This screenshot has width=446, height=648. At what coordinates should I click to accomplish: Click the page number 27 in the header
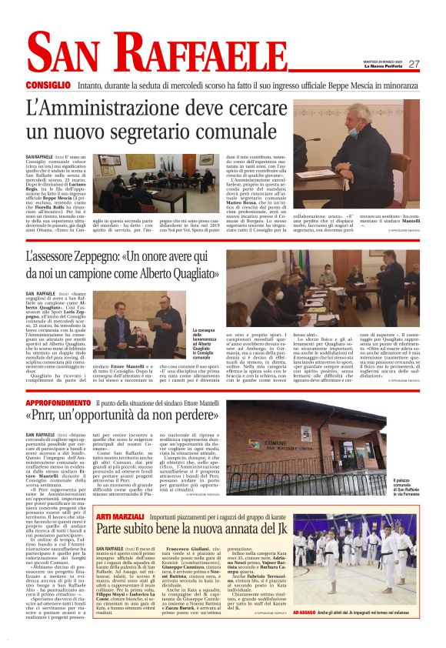(x=413, y=64)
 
